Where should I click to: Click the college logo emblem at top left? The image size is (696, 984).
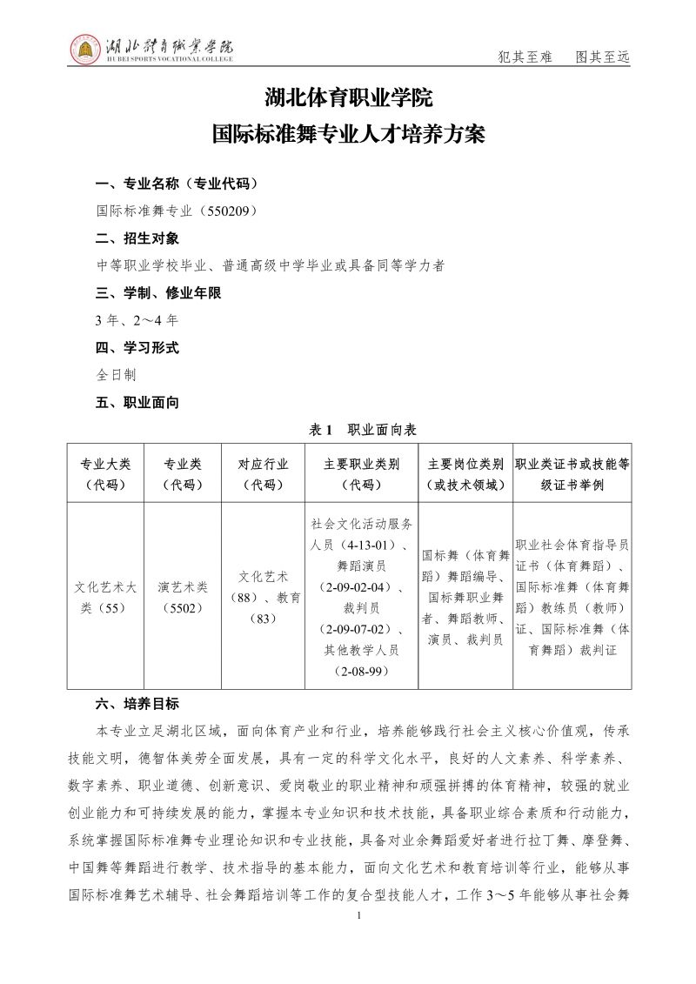pyautogui.click(x=85, y=50)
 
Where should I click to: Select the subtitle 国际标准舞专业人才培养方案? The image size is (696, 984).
pyautogui.click(x=348, y=136)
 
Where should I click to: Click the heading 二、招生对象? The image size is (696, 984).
pyautogui.click(x=137, y=238)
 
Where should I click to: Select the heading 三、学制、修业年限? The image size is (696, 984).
pyautogui.click(x=158, y=293)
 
